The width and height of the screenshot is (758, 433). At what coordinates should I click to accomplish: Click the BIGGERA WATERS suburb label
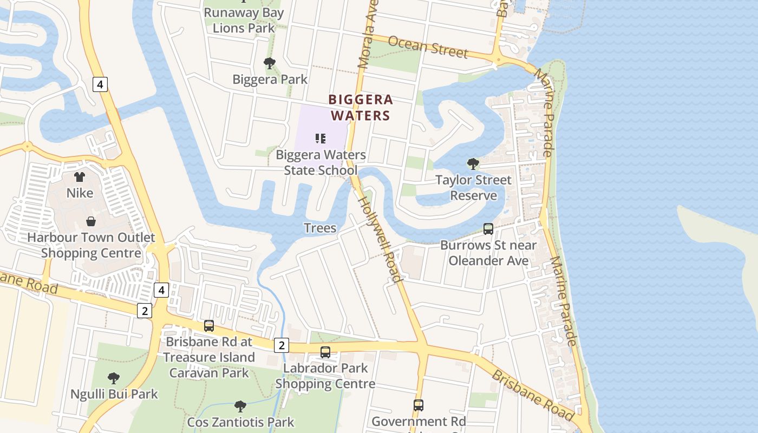(x=361, y=108)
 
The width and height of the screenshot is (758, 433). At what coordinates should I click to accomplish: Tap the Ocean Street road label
(x=428, y=47)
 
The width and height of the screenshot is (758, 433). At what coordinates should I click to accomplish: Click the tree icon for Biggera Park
(x=270, y=64)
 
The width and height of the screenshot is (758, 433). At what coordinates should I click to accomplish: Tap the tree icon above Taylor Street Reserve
(x=473, y=163)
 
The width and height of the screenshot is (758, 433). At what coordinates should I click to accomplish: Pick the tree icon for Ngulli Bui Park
(x=114, y=378)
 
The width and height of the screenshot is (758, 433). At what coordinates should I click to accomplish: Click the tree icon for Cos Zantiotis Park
(x=240, y=406)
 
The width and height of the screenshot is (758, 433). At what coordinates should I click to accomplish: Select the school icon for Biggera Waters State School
(x=320, y=139)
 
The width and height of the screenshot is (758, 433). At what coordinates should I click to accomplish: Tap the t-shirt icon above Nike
(x=80, y=177)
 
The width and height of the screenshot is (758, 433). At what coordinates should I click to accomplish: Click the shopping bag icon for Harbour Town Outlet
(x=91, y=221)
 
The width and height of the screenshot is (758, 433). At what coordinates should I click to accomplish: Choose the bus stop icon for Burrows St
(x=488, y=229)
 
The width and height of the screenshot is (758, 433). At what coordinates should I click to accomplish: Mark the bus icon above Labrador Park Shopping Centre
(x=325, y=352)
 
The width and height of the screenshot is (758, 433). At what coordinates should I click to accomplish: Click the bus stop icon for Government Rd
(x=419, y=405)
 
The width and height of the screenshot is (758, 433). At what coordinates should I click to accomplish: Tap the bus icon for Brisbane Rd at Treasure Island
(x=209, y=326)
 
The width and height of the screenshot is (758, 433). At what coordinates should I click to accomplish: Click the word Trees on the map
(x=320, y=228)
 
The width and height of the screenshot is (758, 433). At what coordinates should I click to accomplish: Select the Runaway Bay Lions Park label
(x=244, y=20)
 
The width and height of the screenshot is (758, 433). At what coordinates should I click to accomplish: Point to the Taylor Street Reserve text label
(x=474, y=187)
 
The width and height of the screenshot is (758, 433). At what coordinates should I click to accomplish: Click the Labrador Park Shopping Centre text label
(x=325, y=376)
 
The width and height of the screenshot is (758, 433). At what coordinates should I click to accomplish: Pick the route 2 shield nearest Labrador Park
(x=281, y=345)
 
